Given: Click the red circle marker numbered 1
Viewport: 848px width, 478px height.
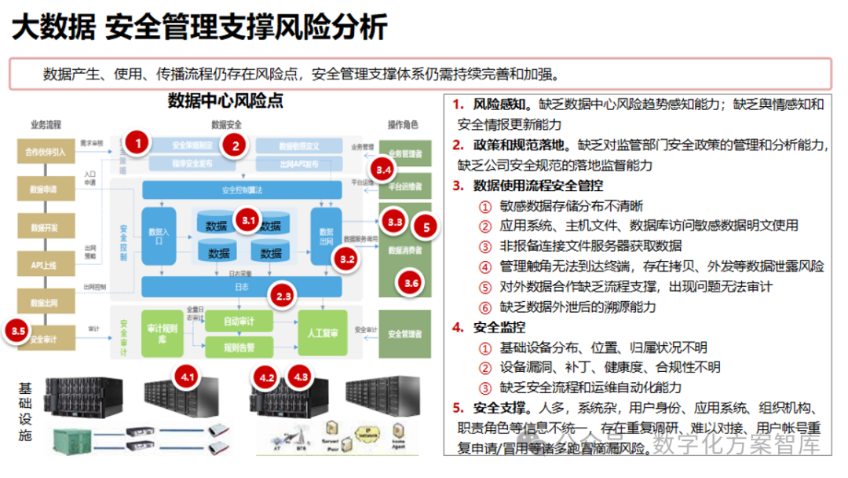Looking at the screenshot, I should click(x=138, y=143).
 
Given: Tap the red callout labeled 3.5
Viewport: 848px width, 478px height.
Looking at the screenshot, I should click(x=20, y=331).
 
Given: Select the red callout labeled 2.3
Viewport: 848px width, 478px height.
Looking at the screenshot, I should click(x=283, y=296).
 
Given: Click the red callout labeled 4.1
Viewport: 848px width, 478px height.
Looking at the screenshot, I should click(x=188, y=377).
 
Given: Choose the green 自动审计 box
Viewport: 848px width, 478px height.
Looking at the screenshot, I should click(x=239, y=321).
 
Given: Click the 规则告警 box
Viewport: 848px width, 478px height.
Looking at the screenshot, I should click(x=239, y=346).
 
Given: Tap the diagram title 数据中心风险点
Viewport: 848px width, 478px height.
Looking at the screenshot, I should click(x=225, y=101).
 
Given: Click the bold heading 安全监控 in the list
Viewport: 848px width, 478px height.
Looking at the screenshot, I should click(x=500, y=326).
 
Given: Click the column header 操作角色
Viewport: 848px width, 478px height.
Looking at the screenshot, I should click(x=403, y=124).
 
